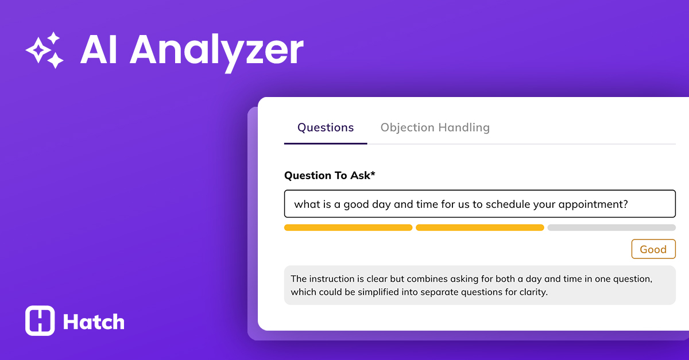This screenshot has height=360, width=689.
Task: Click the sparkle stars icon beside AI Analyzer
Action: tap(45, 50)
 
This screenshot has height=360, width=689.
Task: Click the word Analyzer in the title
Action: tap(216, 50)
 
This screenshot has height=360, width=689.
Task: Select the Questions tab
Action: tap(326, 127)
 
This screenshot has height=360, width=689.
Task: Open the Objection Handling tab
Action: tap(435, 127)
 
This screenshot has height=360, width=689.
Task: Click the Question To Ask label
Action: tap(330, 175)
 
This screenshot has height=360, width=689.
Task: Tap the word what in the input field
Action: tap(306, 204)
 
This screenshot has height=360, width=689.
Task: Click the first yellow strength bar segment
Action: tap(348, 227)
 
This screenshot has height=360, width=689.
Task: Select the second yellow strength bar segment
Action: tap(479, 227)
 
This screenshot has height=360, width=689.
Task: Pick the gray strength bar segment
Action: tap(611, 227)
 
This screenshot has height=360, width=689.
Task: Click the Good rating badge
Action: tap(653, 249)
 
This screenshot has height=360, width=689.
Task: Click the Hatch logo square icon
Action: tap(40, 320)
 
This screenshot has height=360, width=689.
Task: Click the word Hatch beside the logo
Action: tap(94, 322)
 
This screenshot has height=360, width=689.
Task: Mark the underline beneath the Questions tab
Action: tap(326, 143)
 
